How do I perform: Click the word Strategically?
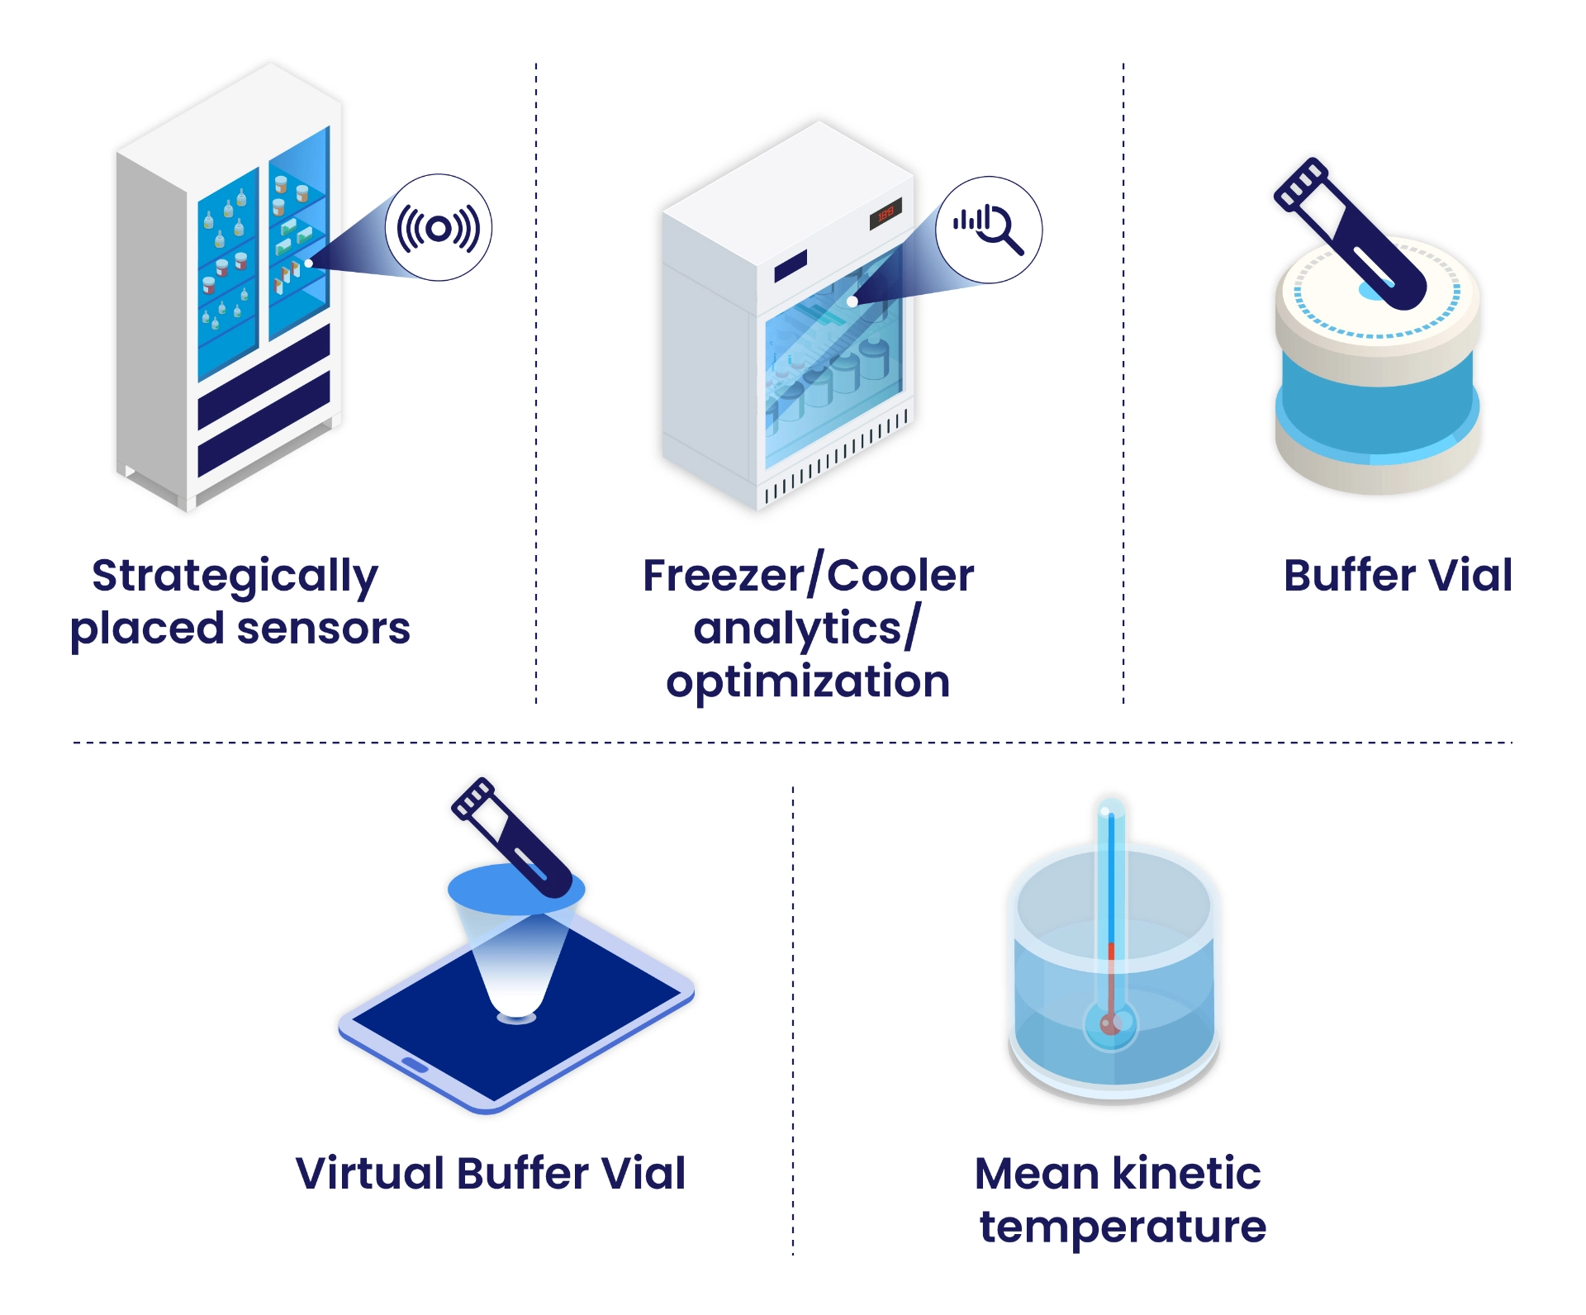pos(235,577)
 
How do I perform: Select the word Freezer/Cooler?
pos(808,575)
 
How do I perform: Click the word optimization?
pos(808,682)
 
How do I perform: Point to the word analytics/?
pos(806,629)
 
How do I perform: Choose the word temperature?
pos(1123,1227)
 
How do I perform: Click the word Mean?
pos(1037,1173)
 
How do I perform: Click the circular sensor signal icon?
pos(439,228)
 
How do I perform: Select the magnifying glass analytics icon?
pos(989,229)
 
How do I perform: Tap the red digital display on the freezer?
pos(886,214)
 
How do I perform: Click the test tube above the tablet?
pos(512,838)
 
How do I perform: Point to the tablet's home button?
pos(415,1065)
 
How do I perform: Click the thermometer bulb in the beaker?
pos(1110,1025)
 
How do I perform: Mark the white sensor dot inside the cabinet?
pos(308,263)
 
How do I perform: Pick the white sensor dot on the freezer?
pos(852,302)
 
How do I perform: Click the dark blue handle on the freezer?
pos(791,266)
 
